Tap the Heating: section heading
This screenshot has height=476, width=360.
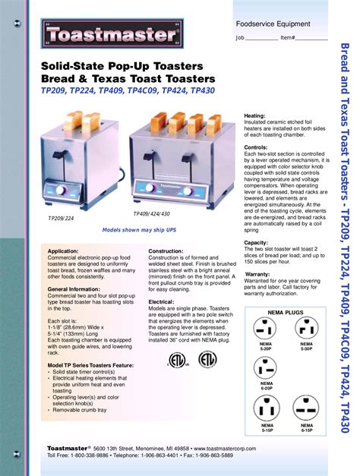click(x=254, y=115)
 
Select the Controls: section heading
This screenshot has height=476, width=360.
click(x=256, y=147)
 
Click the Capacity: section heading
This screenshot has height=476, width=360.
click(x=256, y=243)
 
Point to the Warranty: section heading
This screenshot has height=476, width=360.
click(x=257, y=274)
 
